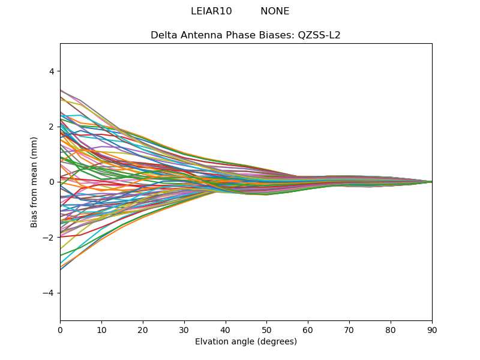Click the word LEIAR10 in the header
coord(211,11)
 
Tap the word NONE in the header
coord(275,11)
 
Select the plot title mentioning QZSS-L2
coord(245,35)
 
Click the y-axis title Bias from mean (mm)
coord(35,181)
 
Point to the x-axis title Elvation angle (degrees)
coord(245,342)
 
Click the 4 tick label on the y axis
coord(51,71)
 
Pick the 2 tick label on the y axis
coord(51,127)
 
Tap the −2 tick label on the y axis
coord(49,238)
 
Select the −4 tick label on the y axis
coord(49,293)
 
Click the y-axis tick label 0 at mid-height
coord(51,182)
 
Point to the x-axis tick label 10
coord(101,329)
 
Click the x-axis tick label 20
coord(143,329)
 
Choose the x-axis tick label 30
coord(184,329)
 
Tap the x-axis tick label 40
coord(226,329)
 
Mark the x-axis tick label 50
coord(266,329)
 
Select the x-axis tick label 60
coord(308,329)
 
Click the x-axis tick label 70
coord(349,329)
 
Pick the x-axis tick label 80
coord(391,329)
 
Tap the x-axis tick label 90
coord(432,329)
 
